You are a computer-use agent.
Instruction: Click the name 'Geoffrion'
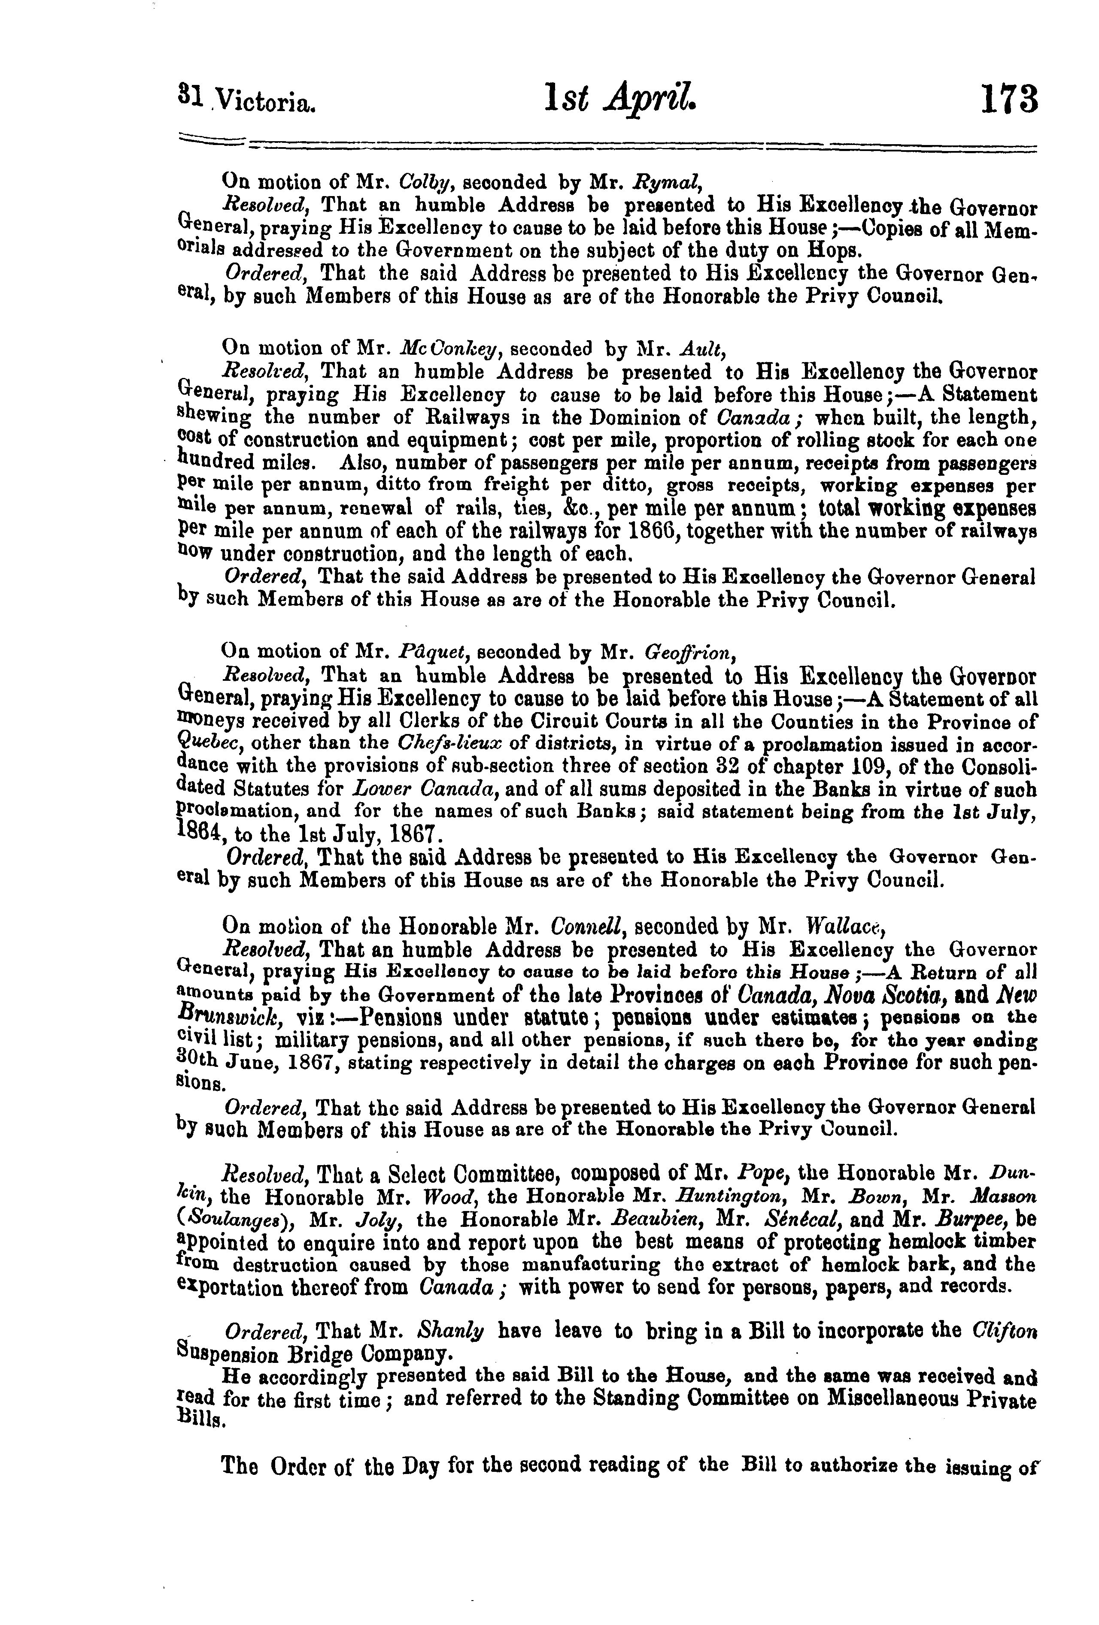click(696, 653)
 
